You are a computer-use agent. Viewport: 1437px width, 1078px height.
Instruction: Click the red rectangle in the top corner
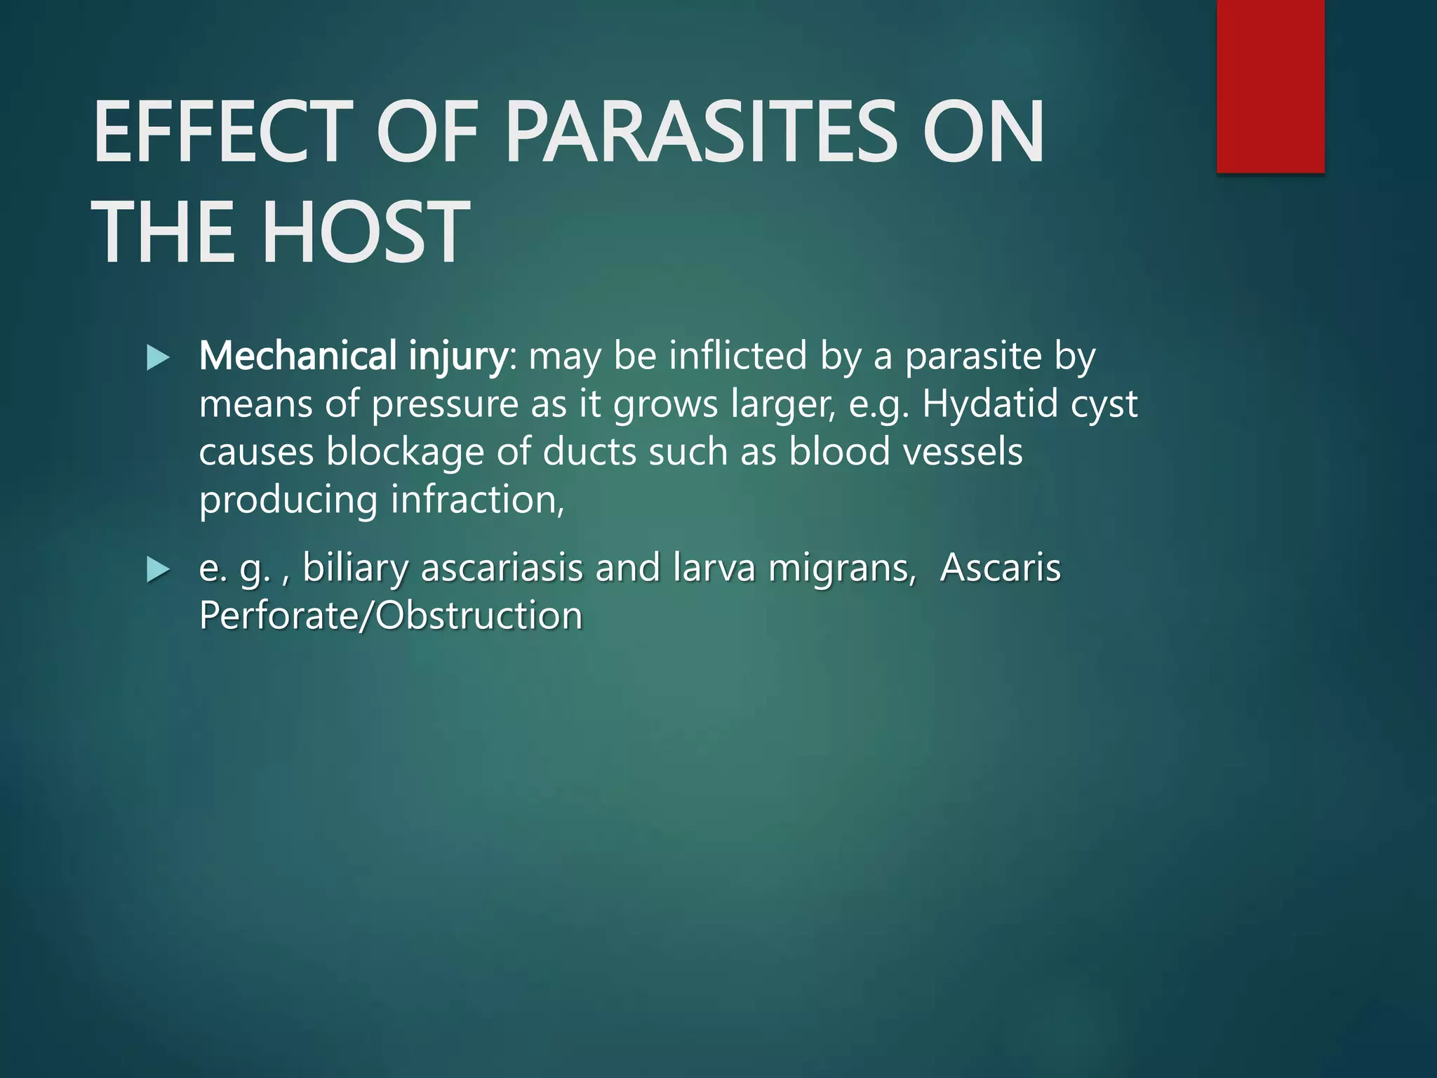(x=1270, y=86)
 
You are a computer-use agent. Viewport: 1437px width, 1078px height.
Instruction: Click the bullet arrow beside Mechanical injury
(x=158, y=358)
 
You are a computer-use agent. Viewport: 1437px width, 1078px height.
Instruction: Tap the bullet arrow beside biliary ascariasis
(x=158, y=570)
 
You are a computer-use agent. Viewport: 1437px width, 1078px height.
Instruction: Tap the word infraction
(x=477, y=500)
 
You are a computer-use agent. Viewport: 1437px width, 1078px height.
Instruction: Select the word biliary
(x=355, y=568)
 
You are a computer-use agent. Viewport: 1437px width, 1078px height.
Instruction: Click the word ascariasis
(x=502, y=568)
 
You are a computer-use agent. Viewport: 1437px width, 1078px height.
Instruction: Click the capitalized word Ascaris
(x=1000, y=568)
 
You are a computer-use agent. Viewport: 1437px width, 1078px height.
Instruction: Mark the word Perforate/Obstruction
(x=391, y=615)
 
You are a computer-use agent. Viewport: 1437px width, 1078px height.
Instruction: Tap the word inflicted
(x=737, y=356)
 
